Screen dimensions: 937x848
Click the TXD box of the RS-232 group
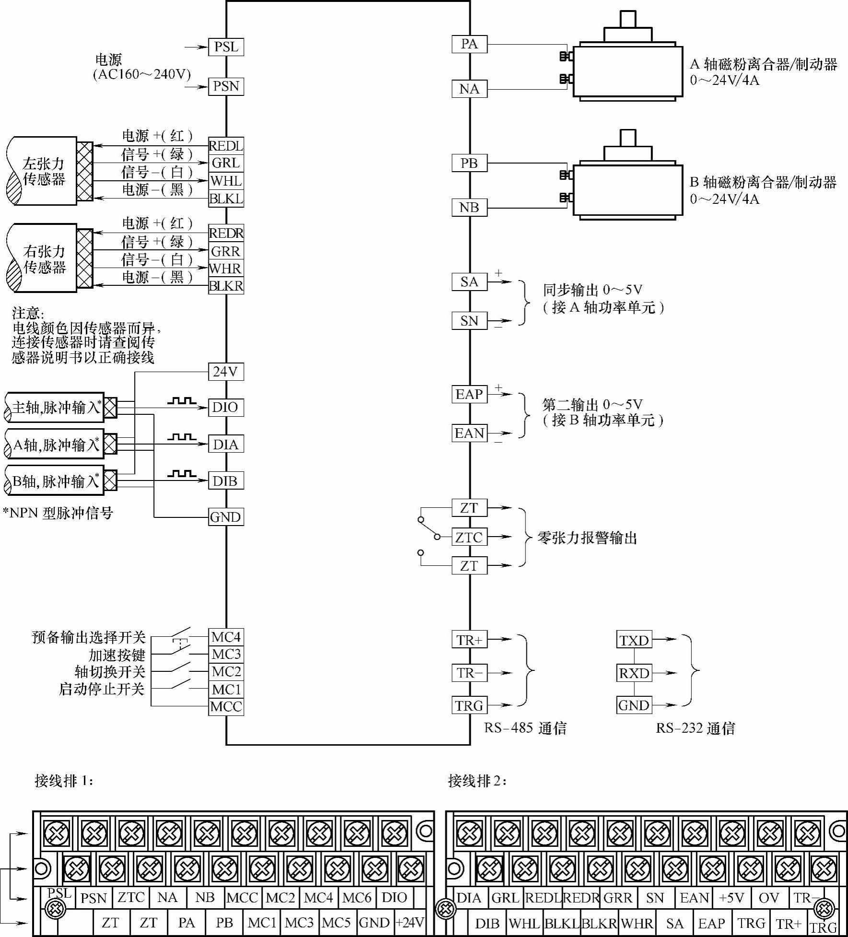(x=634, y=640)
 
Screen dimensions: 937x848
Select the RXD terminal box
(x=634, y=673)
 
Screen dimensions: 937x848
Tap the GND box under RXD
(x=634, y=705)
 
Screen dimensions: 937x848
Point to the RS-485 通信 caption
(x=525, y=728)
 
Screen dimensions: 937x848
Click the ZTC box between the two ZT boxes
(x=469, y=537)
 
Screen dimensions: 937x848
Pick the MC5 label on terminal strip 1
(x=337, y=923)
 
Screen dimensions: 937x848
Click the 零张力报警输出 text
(x=587, y=538)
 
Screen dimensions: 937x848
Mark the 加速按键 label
(x=116, y=655)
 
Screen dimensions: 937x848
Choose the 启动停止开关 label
(x=102, y=689)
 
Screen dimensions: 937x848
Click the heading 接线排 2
(x=477, y=781)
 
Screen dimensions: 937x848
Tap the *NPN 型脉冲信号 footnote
(x=58, y=513)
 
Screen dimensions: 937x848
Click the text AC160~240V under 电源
(x=142, y=74)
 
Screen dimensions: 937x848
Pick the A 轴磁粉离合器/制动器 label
(x=764, y=64)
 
